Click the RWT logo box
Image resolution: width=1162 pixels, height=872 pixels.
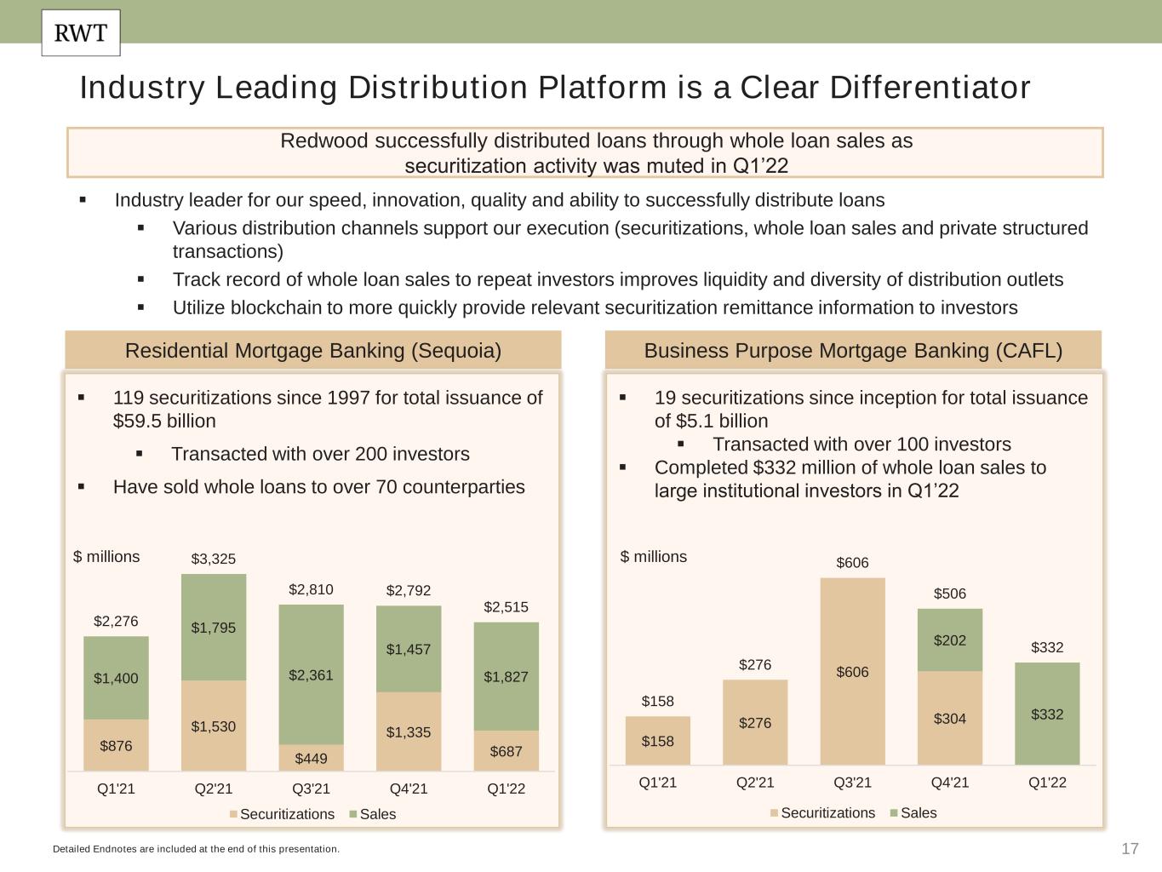81,33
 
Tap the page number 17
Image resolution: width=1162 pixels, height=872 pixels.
1130,848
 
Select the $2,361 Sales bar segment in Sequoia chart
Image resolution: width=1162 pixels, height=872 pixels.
311,674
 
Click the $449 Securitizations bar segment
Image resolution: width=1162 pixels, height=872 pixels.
311,757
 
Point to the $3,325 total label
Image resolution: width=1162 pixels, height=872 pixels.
213,559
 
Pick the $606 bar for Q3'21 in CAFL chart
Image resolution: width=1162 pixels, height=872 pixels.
852,671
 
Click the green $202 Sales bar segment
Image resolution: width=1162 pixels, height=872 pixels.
950,640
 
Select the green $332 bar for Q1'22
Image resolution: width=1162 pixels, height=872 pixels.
1047,714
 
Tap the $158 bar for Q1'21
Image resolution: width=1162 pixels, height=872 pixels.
657,740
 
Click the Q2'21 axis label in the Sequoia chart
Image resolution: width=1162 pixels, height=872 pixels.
213,789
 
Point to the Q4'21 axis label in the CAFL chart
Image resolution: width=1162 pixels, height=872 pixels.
950,782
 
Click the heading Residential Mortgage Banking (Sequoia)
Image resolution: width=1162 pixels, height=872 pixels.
313,351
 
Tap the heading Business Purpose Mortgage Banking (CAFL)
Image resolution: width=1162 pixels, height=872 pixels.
853,351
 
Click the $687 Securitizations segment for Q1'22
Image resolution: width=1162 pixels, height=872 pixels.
506,751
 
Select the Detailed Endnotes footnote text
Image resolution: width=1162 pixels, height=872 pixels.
196,849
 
